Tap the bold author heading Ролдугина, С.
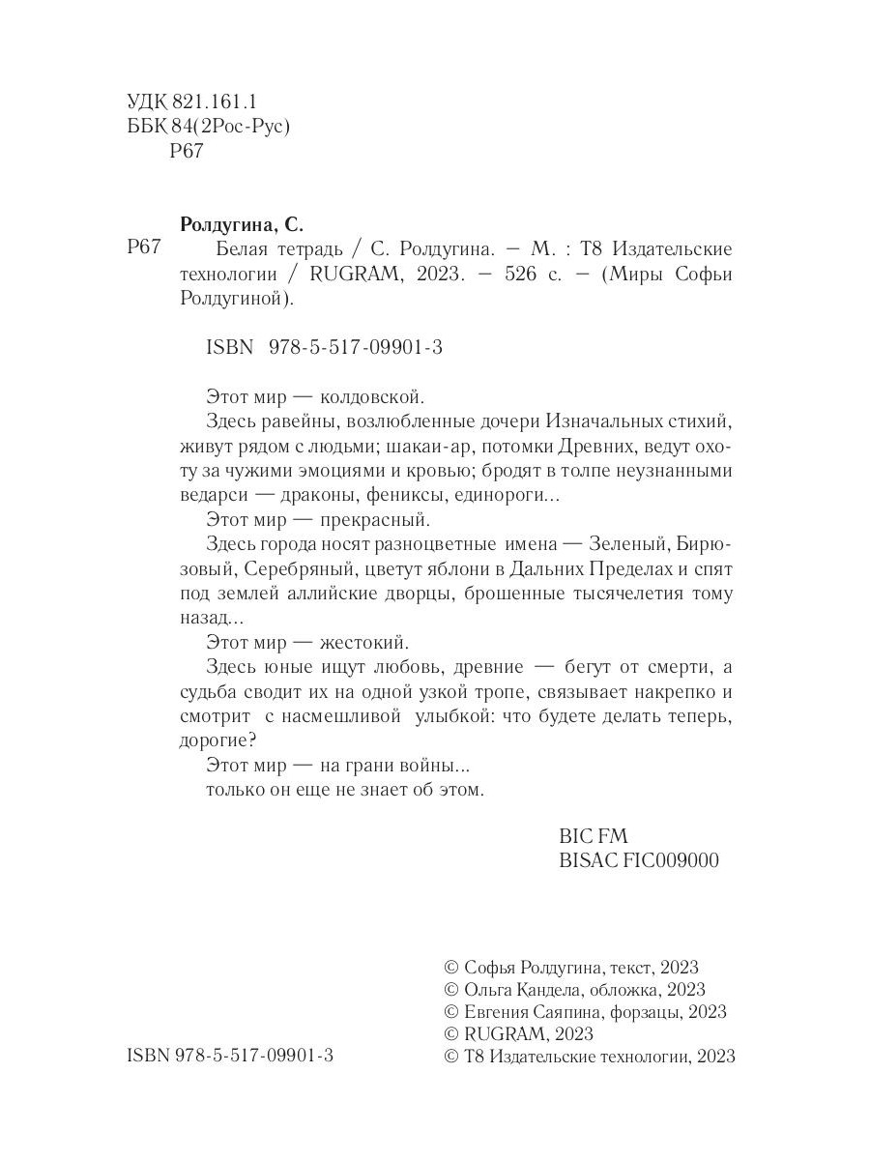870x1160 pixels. point(243,226)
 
